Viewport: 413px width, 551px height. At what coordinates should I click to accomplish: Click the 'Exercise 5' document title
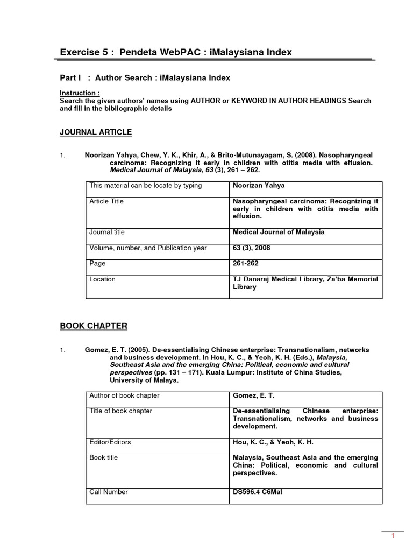click(x=176, y=52)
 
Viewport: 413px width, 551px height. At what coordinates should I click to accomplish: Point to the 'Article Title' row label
click(x=106, y=201)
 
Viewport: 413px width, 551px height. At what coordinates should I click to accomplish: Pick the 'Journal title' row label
click(x=107, y=232)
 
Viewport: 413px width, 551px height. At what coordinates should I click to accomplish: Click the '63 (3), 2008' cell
click(x=251, y=248)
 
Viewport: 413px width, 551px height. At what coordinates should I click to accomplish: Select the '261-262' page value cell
click(x=246, y=264)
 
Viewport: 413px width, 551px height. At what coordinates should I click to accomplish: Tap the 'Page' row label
click(x=97, y=264)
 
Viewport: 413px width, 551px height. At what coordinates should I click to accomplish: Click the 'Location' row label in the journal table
click(x=102, y=279)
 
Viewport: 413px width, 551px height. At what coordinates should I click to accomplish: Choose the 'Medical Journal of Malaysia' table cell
click(x=278, y=232)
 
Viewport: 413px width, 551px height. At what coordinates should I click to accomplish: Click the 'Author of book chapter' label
click(x=124, y=395)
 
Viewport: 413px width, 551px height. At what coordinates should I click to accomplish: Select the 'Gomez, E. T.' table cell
click(x=253, y=395)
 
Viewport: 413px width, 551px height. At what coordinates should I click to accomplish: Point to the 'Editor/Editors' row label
click(x=110, y=442)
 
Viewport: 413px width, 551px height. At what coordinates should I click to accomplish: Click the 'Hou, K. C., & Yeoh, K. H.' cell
click(x=273, y=442)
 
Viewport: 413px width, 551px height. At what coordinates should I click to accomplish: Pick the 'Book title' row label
click(x=104, y=457)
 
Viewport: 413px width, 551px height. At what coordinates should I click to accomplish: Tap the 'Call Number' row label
click(x=109, y=492)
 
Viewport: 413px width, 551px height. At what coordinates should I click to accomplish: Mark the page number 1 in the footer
click(x=393, y=535)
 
